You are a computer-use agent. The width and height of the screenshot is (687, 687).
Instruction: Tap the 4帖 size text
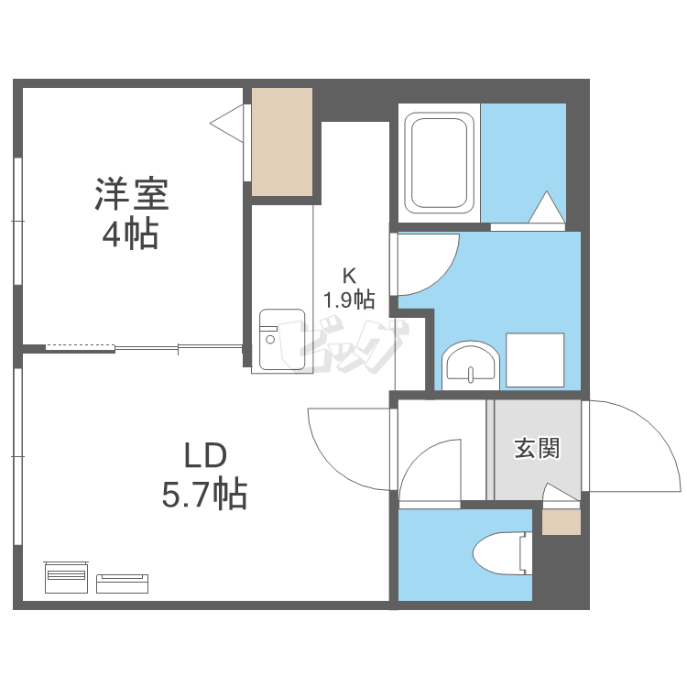point(130,234)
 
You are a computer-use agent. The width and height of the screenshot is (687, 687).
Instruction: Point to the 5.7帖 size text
point(204,495)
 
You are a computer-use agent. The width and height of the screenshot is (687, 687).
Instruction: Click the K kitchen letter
point(348,275)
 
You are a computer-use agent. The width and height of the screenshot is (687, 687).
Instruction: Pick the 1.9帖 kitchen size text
point(348,299)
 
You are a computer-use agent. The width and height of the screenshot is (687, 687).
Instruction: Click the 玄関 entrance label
point(536,449)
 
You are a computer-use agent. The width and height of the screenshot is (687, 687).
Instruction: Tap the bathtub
point(440,162)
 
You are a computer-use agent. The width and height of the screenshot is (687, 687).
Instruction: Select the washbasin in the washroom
point(470,365)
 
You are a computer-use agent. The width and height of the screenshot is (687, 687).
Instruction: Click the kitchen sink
point(280,340)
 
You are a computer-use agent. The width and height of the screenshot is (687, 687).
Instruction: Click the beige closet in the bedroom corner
point(282,141)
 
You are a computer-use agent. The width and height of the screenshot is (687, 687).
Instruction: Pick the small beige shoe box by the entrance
point(561,521)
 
